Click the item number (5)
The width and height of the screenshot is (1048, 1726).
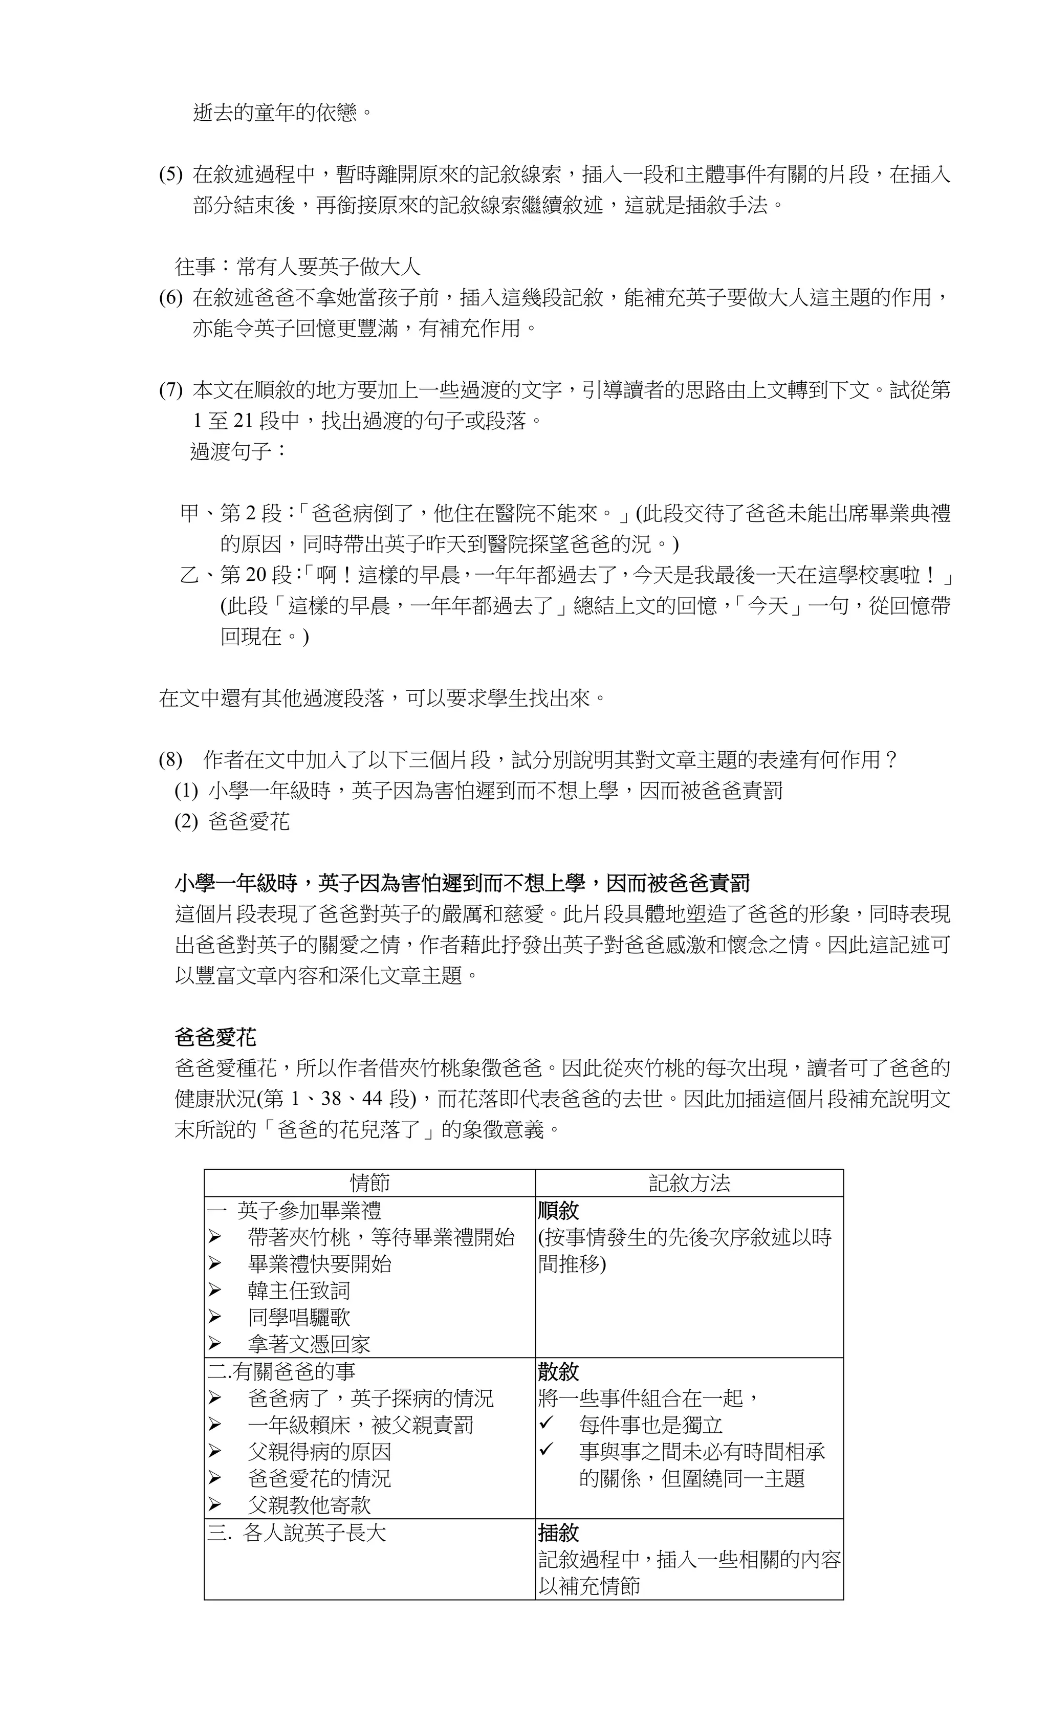click(170, 174)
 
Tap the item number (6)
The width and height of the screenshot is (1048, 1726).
click(170, 298)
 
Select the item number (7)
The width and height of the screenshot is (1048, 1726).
click(170, 390)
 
